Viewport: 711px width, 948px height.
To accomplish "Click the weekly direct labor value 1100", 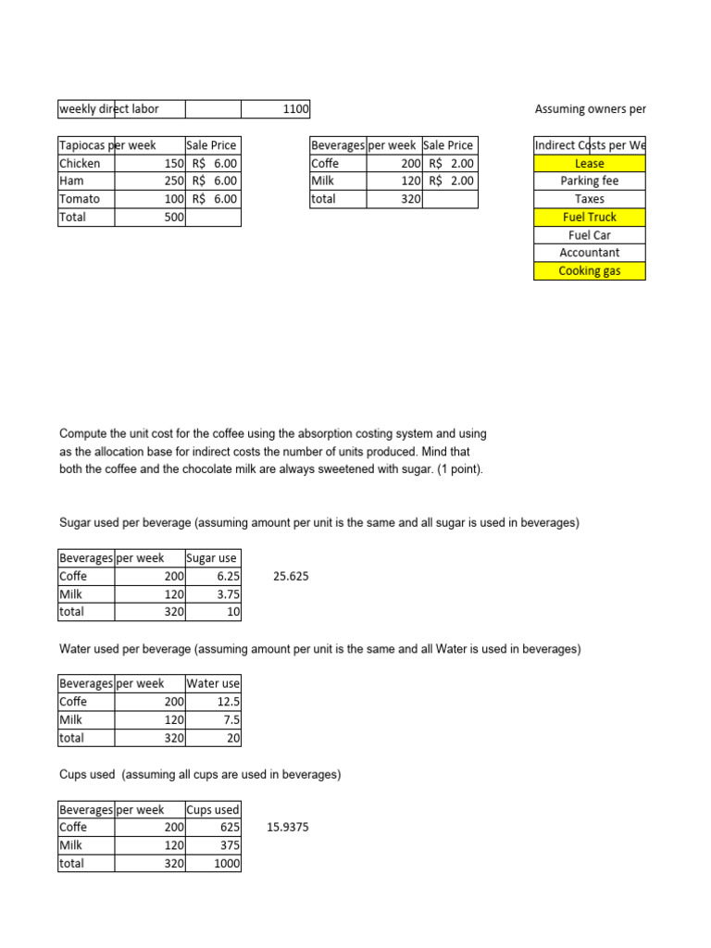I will (x=295, y=109).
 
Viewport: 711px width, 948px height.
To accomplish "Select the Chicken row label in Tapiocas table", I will (x=81, y=163).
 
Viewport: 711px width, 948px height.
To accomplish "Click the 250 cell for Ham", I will (x=173, y=181).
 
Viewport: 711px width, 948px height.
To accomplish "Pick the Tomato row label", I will (x=80, y=198).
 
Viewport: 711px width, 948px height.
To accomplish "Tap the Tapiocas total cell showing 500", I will (x=173, y=217).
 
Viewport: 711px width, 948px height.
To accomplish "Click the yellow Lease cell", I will (x=589, y=163).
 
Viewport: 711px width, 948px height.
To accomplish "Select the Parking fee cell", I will (x=589, y=181).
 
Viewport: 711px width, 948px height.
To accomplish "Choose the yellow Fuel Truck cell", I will (x=589, y=217).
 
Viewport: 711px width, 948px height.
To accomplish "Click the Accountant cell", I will (x=589, y=252).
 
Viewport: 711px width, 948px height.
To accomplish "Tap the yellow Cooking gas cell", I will (x=589, y=270).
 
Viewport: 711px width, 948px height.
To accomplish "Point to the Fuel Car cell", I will (x=589, y=234).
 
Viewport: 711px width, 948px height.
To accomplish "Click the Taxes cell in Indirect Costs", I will (x=589, y=198).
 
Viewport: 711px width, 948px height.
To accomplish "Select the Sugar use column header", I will (x=212, y=558).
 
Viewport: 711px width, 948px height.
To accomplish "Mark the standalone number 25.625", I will (x=291, y=576).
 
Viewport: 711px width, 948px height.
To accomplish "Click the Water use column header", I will (x=213, y=684).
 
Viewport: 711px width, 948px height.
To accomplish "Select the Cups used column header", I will (x=213, y=809).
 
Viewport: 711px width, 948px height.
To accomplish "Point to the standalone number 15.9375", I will (x=288, y=827).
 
